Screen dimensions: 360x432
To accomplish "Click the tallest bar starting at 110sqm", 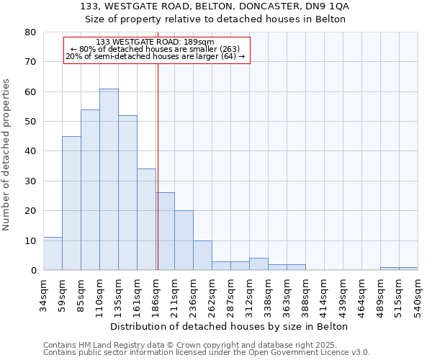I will [109, 179].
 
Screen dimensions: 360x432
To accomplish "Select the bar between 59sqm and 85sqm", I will [71, 203].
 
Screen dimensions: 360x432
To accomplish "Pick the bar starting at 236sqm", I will [202, 256].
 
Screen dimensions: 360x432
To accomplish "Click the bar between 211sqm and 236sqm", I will [184, 240].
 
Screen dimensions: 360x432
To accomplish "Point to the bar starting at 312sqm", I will [258, 264].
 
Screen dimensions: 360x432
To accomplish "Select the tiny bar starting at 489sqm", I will [390, 269].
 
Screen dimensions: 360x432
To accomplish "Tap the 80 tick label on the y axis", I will [30, 32].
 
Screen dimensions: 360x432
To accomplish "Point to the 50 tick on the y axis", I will [30, 122].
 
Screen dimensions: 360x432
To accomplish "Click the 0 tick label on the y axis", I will [32, 271].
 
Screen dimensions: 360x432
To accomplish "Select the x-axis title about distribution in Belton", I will [230, 326].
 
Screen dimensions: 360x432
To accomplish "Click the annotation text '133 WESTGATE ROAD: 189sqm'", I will [155, 42].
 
